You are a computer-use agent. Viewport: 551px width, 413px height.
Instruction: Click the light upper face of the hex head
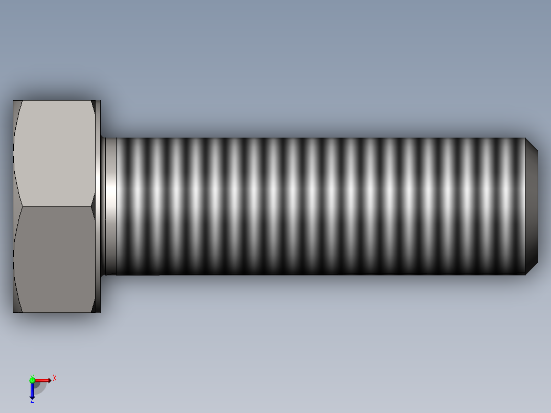coord(54,153)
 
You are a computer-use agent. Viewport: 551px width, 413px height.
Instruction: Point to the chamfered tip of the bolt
coord(532,206)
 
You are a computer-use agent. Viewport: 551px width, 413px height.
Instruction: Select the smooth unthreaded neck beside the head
coord(109,206)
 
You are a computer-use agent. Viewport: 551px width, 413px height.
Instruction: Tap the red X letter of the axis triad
coord(55,378)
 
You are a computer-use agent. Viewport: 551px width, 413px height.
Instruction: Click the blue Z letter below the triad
coord(32,401)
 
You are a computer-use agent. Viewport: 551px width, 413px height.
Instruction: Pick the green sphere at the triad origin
coord(32,380)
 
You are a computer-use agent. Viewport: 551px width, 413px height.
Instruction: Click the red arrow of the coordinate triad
coord(43,380)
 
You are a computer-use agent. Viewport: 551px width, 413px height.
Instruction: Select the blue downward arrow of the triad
coord(32,391)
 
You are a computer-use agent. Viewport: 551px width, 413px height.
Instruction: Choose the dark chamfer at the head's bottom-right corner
coord(95,305)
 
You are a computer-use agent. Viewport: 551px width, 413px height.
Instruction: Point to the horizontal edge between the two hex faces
coord(54,206)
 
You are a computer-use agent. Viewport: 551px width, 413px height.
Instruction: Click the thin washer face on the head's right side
coord(98,206)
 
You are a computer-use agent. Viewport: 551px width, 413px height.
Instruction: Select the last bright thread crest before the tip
coord(506,206)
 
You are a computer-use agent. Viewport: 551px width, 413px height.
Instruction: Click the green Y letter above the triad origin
coord(32,376)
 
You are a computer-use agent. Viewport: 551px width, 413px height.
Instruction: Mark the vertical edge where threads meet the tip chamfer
coord(525,206)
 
